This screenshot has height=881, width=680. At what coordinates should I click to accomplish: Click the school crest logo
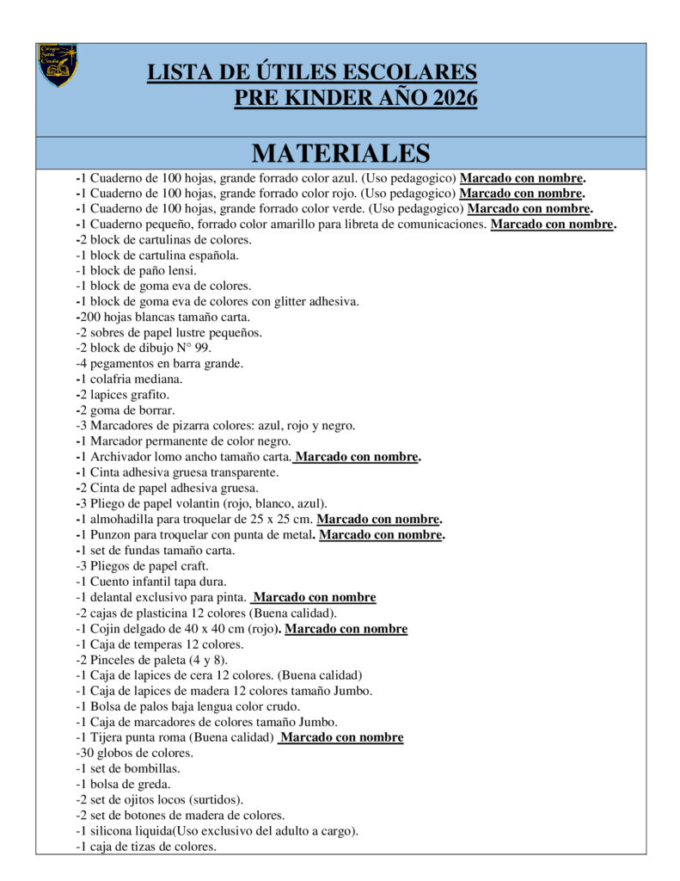point(58,65)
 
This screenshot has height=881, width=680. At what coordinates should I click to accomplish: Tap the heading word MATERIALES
point(340,153)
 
